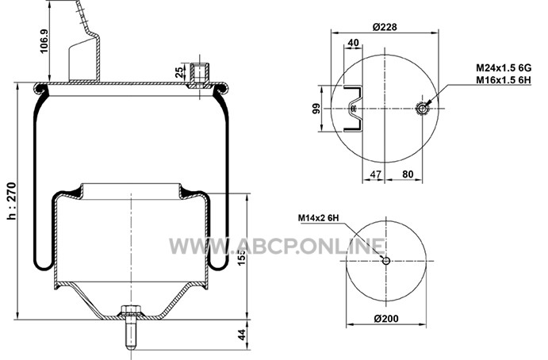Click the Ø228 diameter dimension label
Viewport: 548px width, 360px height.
[x=385, y=26]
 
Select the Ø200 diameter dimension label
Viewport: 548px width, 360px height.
[x=386, y=319]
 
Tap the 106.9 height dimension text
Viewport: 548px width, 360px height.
[x=44, y=41]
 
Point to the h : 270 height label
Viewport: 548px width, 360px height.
[x=11, y=201]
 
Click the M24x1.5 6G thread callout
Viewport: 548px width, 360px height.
[x=504, y=67]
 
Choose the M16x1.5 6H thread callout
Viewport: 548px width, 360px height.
[x=504, y=80]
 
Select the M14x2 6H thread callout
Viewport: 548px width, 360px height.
[x=318, y=218]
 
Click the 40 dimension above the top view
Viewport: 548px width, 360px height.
[x=354, y=43]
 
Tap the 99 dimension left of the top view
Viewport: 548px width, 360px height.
[x=316, y=109]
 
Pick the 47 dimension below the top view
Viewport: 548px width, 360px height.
[x=375, y=174]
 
